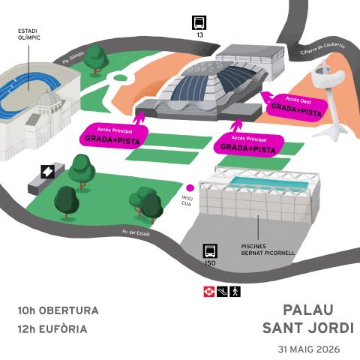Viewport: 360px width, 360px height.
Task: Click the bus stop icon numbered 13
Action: click(199, 22)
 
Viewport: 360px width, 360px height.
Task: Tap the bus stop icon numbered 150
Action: click(210, 251)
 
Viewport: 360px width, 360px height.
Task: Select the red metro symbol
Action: click(209, 292)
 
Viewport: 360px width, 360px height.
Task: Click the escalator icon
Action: click(222, 292)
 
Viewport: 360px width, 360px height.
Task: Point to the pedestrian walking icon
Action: click(235, 292)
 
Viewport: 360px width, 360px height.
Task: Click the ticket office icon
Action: click(48, 172)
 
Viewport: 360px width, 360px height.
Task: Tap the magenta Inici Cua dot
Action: click(190, 187)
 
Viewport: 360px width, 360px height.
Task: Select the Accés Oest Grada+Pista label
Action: click(296, 107)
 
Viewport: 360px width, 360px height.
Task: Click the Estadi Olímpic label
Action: click(29, 34)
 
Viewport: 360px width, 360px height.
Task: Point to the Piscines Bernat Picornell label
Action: click(268, 250)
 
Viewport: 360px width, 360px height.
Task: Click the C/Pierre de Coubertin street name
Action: click(322, 49)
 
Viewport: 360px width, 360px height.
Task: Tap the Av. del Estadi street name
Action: click(136, 232)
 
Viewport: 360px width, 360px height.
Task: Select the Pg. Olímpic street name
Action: click(73, 58)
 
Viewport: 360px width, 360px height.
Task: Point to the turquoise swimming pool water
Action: click(269, 183)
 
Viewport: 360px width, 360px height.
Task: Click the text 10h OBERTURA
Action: click(58, 310)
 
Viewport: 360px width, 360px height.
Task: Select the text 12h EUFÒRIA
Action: click(52, 329)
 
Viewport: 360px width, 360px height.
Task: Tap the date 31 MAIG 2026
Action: click(309, 349)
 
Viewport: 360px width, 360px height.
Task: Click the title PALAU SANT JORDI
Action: click(308, 319)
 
